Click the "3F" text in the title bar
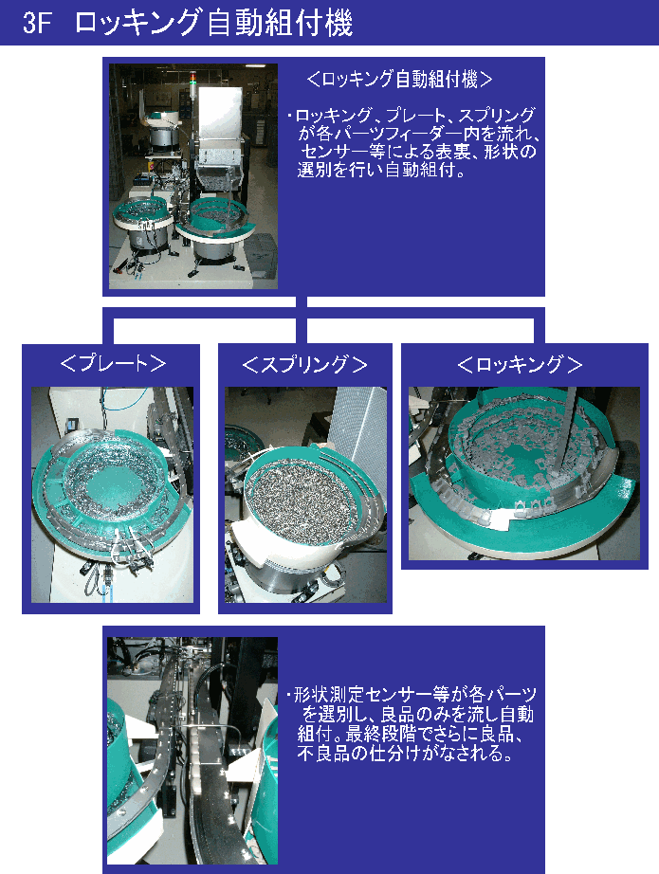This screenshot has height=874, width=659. coord(37,24)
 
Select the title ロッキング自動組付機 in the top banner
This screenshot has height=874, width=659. coord(213,24)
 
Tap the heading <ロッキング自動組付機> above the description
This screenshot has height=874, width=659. coord(399,79)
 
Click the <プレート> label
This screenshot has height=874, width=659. coord(113,363)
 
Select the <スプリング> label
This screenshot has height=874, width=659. coord(305,365)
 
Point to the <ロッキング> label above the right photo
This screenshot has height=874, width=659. coord(520,365)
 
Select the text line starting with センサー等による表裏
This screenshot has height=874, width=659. coord(418,152)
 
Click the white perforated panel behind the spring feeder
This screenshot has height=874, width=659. coord(357,429)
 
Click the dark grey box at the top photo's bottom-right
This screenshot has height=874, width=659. coord(262,255)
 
